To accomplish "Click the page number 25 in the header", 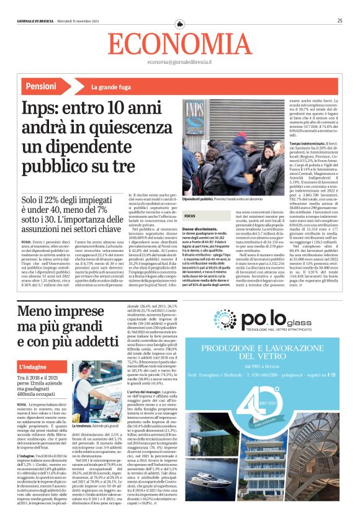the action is tap(340, 20).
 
